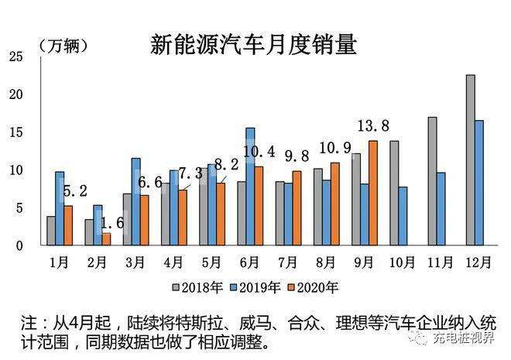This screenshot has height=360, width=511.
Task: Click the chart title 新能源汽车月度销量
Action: coord(253,45)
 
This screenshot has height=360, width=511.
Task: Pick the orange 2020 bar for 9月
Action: coord(373,193)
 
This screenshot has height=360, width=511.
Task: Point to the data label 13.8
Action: coord(373,127)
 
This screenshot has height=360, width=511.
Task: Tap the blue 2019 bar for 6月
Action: coord(250,187)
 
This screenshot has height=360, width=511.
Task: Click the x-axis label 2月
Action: coord(98,261)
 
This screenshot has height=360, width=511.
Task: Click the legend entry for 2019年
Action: coord(259,288)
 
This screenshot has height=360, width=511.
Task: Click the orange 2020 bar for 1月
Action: coord(68,225)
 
